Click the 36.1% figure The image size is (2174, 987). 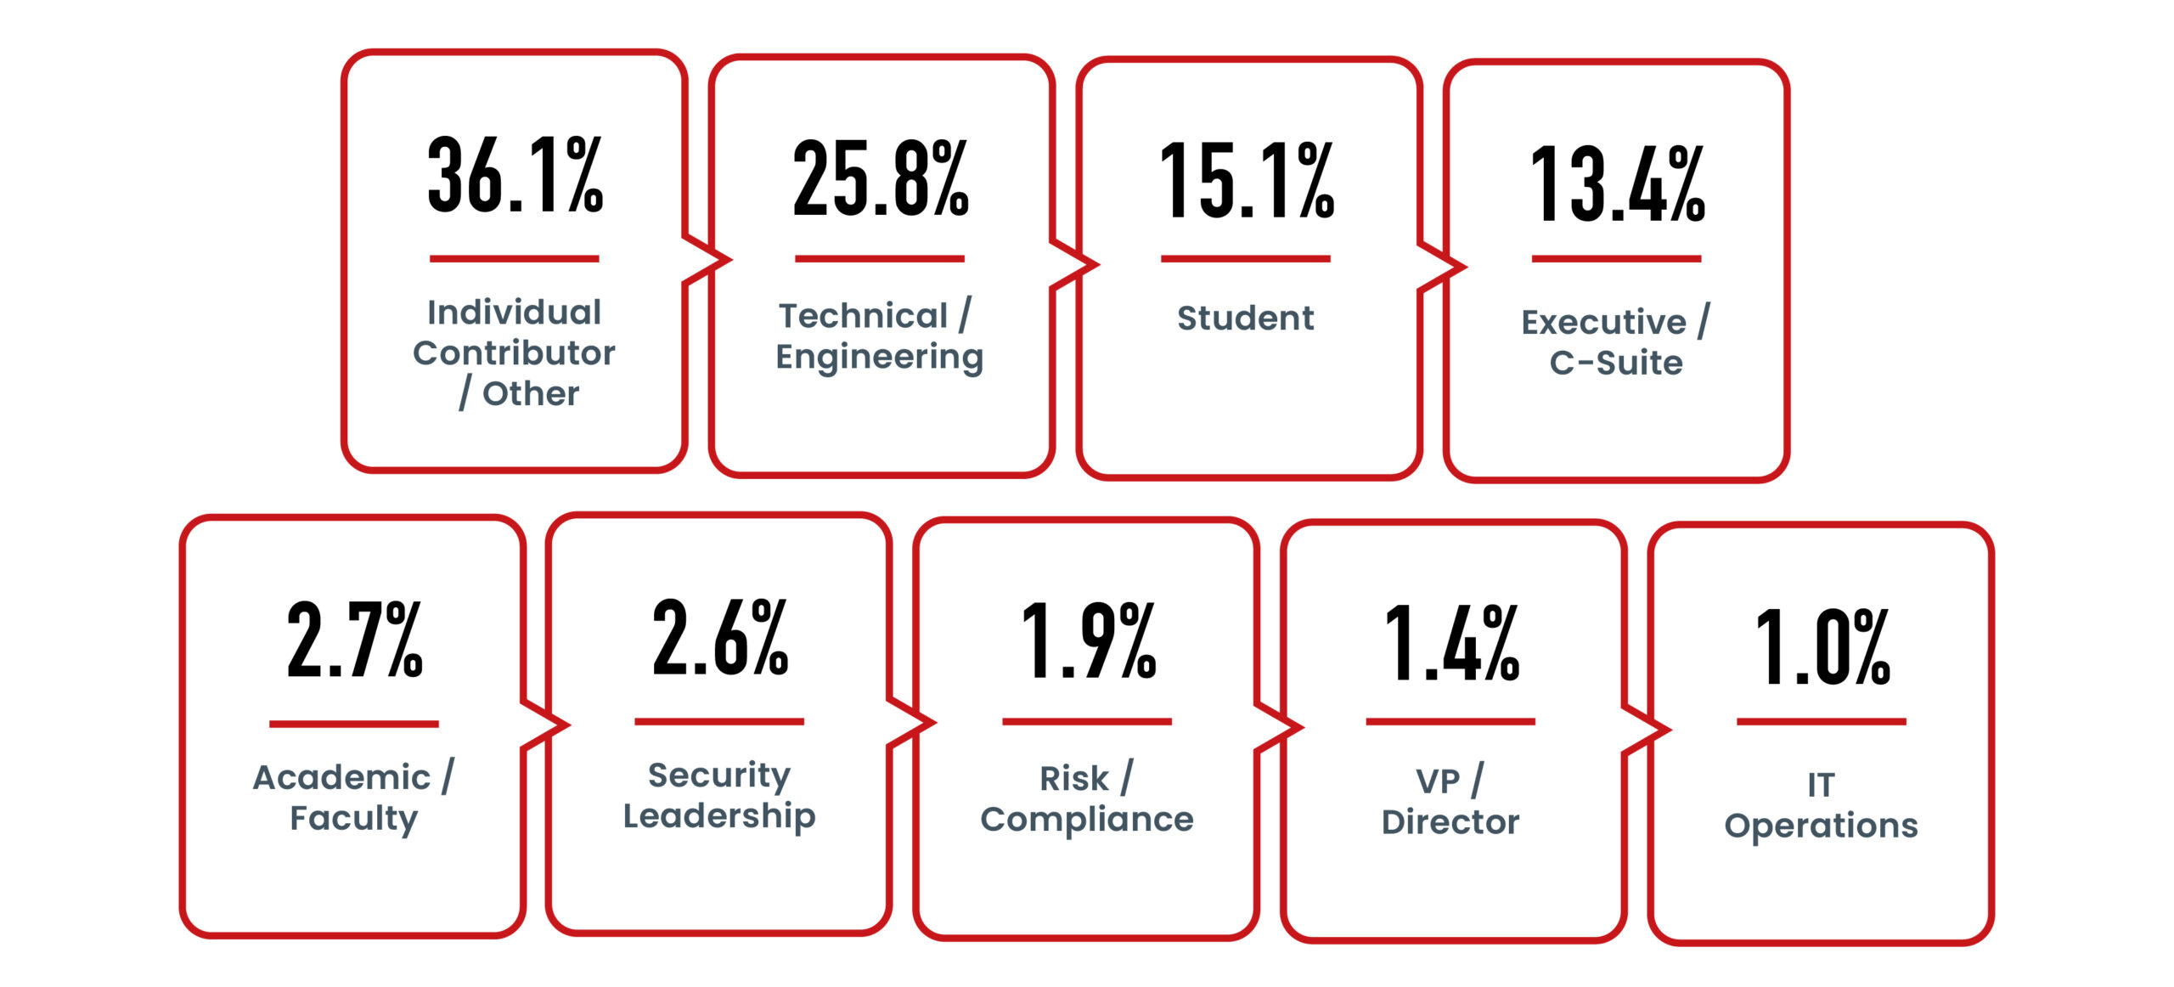point(515,175)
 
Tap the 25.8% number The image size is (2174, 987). point(880,179)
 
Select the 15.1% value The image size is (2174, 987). point(1247,182)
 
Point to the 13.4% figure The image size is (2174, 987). point(1616,185)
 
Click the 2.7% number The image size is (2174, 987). point(354,640)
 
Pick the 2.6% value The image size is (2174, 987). point(719,637)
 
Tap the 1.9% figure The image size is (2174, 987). point(1087,640)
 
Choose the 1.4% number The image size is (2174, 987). point(1450,643)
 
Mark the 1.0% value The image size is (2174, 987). point(1822,646)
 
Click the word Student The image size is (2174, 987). point(1245,319)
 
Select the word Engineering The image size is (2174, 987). point(880,358)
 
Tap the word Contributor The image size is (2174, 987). point(514,353)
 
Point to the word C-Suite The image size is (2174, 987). point(1616,364)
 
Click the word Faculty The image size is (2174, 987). point(353,819)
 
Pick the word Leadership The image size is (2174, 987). point(719,816)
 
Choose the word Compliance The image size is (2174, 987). point(1087,820)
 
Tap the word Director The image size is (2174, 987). point(1450,822)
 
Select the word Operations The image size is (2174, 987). point(1821,826)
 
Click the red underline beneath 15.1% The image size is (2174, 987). point(1245,258)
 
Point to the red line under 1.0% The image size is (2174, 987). point(1821,721)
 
